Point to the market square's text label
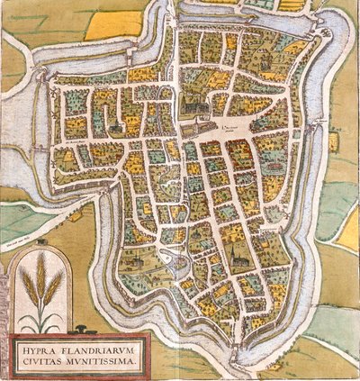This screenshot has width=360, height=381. point(235,129)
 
